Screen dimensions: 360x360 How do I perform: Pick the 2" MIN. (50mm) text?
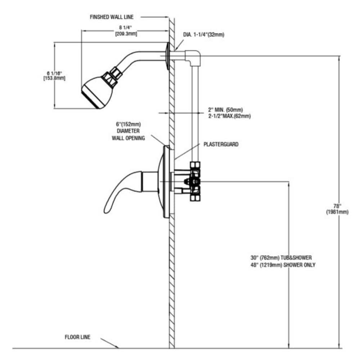click(x=225, y=109)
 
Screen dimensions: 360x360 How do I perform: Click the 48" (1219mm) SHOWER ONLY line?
click(x=283, y=265)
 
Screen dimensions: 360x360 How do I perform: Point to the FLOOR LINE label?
click(x=77, y=337)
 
